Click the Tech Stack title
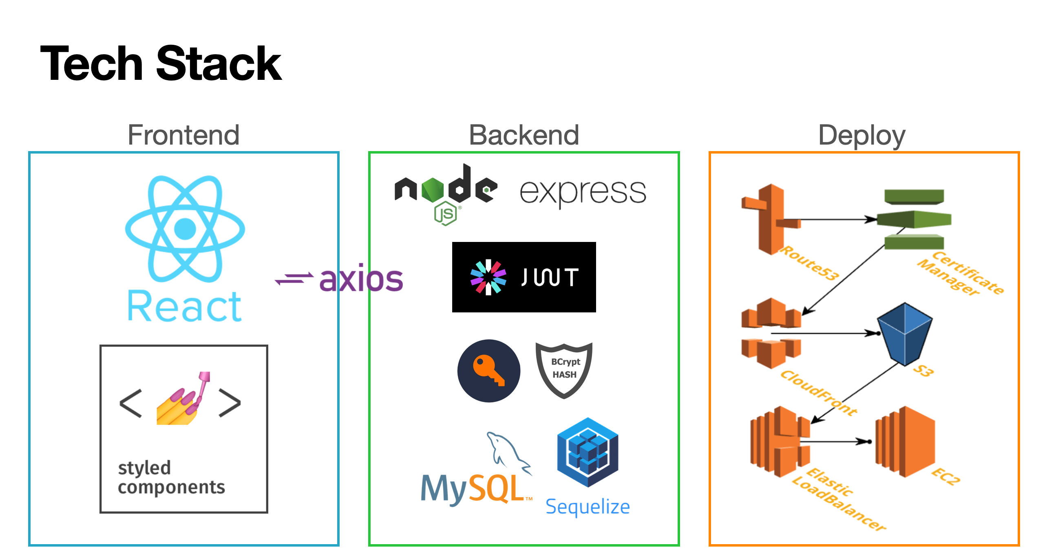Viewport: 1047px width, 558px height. (x=161, y=64)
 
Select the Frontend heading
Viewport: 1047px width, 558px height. (x=183, y=135)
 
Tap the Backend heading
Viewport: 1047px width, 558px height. (x=524, y=135)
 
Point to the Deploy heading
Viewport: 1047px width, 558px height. (x=861, y=135)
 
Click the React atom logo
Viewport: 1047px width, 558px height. (x=185, y=228)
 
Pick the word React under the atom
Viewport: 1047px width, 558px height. (x=184, y=306)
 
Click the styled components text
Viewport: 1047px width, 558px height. (x=171, y=477)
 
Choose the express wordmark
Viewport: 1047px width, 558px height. (x=583, y=192)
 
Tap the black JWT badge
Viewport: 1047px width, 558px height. (x=524, y=277)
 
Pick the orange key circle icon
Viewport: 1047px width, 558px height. (x=489, y=371)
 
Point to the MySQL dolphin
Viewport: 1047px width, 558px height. (x=508, y=452)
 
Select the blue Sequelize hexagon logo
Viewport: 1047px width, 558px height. (x=588, y=452)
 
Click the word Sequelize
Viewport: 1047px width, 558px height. (x=588, y=507)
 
